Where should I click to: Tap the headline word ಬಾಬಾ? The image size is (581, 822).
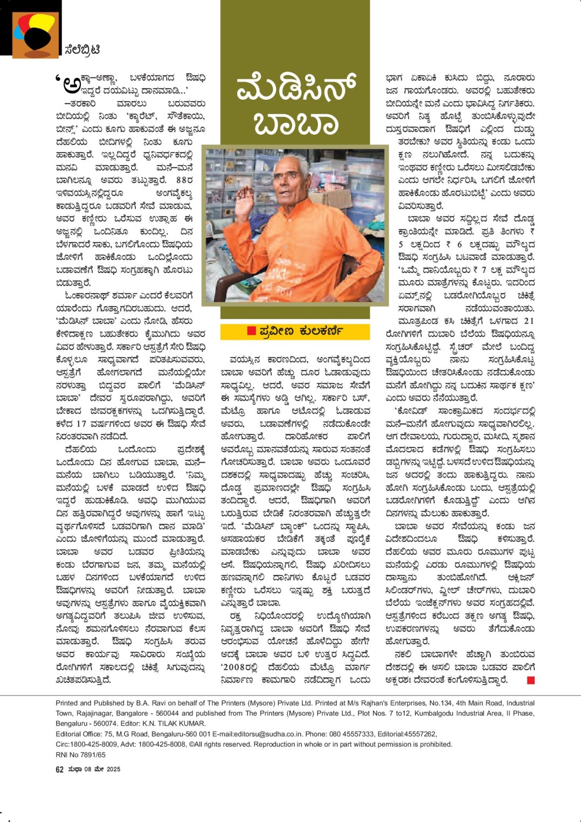pyautogui.click(x=296, y=123)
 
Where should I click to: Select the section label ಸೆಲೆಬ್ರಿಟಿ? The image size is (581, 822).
pyautogui.click(x=82, y=50)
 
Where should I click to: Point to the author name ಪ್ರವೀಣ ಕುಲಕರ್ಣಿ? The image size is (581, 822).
pyautogui.click(x=300, y=331)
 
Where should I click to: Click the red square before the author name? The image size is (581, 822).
pyautogui.click(x=251, y=331)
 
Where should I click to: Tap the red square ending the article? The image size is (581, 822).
pyautogui.click(x=530, y=680)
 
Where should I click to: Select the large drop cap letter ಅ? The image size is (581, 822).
pyautogui.click(x=71, y=84)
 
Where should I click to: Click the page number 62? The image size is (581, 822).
pyautogui.click(x=59, y=769)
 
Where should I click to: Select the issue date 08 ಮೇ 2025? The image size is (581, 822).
pyautogui.click(x=102, y=769)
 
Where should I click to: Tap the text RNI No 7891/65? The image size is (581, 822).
pyautogui.click(x=81, y=755)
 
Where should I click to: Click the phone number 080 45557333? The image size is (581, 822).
pyautogui.click(x=329, y=734)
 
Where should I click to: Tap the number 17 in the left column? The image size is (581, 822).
pyautogui.click(x=81, y=424)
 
